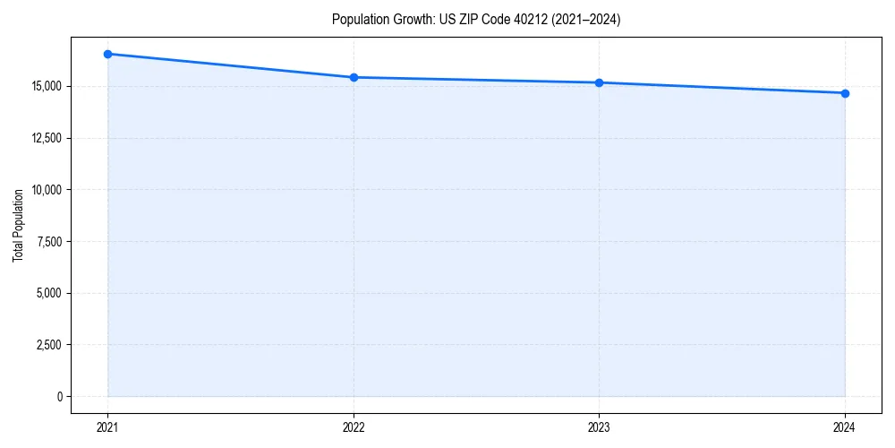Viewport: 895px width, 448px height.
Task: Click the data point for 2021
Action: point(107,54)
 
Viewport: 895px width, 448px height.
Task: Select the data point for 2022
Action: point(354,77)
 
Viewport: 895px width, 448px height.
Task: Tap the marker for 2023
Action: point(599,82)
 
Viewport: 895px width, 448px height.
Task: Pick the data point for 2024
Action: point(845,93)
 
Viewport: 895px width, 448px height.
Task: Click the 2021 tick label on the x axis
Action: point(107,426)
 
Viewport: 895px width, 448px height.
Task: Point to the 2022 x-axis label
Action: point(354,426)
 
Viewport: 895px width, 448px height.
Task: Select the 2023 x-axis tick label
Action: point(599,426)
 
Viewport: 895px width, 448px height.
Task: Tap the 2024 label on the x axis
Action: point(845,426)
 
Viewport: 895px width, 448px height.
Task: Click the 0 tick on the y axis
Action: point(60,396)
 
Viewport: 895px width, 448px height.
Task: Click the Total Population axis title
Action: point(18,225)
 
